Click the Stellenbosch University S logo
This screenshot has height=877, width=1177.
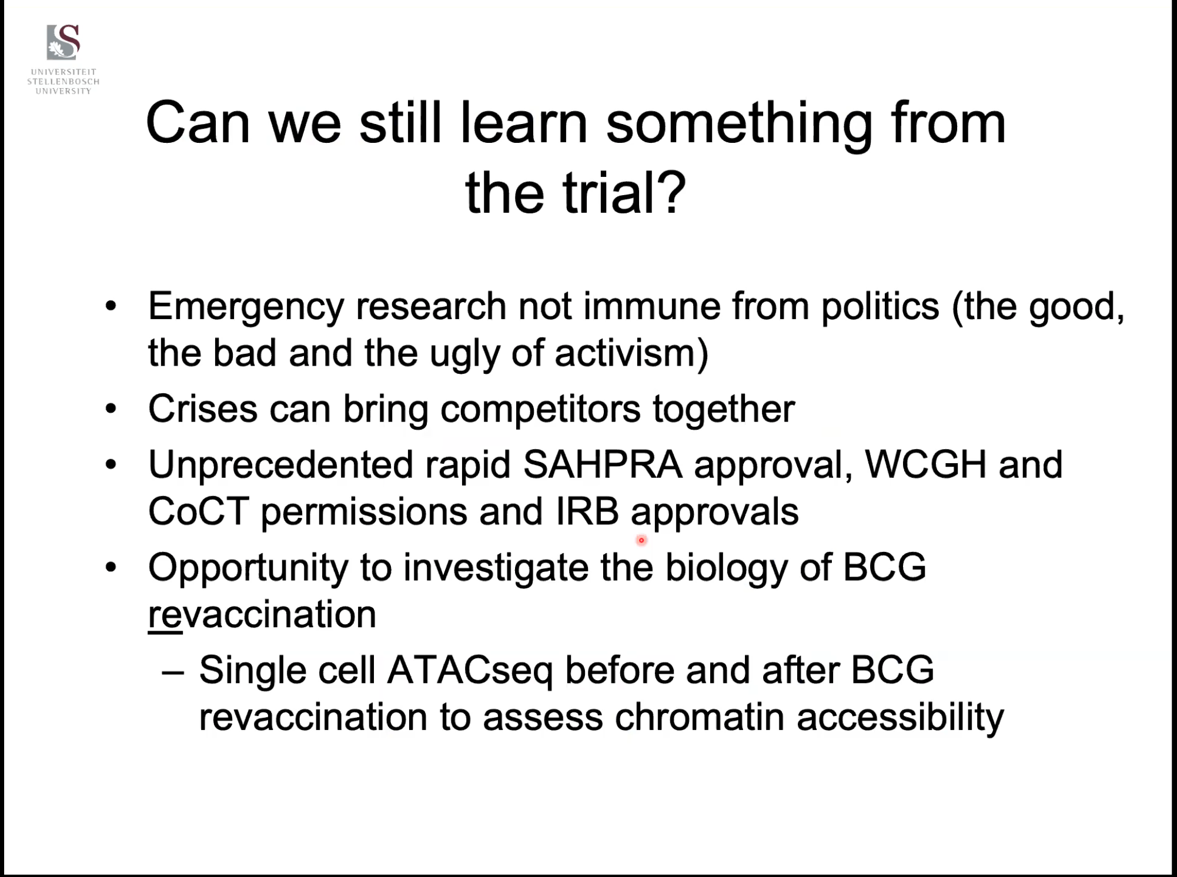point(63,42)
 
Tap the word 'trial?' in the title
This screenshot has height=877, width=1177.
point(624,192)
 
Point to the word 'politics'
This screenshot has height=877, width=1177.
point(880,307)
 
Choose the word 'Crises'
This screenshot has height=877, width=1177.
point(203,409)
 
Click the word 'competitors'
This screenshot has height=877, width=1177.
point(540,410)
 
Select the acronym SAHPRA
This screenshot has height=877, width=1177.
point(603,464)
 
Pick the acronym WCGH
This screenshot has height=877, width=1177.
point(925,464)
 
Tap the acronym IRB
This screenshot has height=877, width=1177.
point(587,511)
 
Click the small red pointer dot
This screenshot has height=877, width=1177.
point(641,540)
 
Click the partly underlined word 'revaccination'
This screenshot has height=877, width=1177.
point(262,615)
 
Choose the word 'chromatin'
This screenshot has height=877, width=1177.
point(700,717)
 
